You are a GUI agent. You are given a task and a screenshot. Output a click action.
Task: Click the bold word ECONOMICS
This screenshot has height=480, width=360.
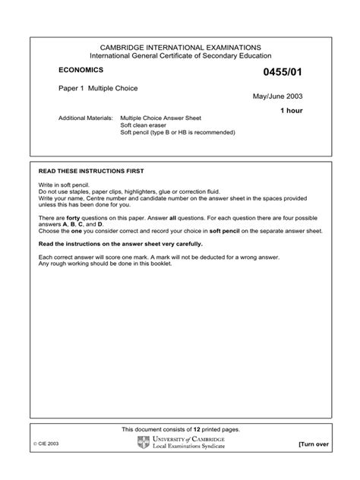[x=83, y=69]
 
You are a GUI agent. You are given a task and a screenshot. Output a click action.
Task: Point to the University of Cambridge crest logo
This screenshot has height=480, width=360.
[x=144, y=443]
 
